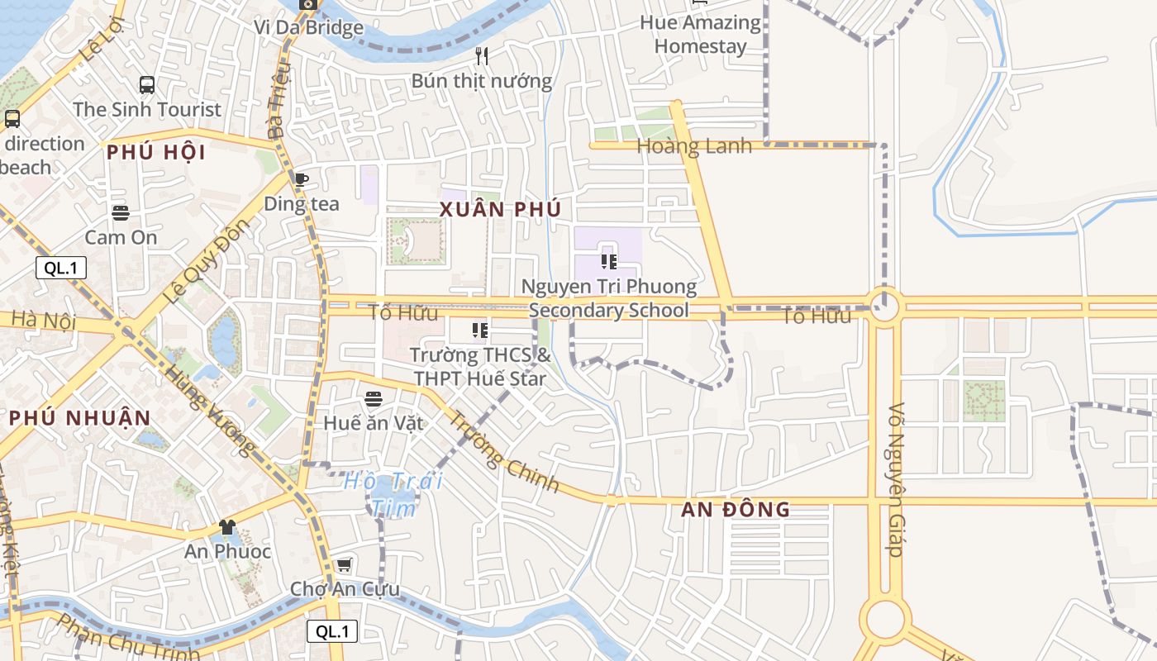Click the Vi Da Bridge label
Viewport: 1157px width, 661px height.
tap(308, 27)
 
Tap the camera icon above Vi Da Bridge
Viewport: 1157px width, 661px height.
tap(308, 4)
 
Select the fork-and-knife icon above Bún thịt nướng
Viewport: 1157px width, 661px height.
tap(482, 56)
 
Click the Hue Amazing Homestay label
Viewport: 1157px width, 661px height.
tap(700, 35)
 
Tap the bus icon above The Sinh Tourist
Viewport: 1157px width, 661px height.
tap(147, 84)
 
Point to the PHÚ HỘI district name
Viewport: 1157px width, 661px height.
tap(156, 152)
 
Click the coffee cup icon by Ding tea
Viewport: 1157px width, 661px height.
tap(302, 179)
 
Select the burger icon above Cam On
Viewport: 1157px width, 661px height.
tap(121, 213)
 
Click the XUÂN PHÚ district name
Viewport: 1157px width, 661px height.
tap(501, 209)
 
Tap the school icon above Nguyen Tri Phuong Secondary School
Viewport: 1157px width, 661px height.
tap(609, 263)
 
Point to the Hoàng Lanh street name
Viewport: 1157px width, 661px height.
tap(694, 146)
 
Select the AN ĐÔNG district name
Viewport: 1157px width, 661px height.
tap(736, 509)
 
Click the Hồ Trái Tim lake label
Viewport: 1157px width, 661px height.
tap(393, 493)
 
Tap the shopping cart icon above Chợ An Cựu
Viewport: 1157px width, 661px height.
tap(344, 565)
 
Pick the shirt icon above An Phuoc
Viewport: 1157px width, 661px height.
tap(227, 527)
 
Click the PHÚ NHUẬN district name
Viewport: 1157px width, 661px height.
tap(80, 418)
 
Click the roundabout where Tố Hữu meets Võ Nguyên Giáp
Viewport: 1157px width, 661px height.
tap(884, 307)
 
